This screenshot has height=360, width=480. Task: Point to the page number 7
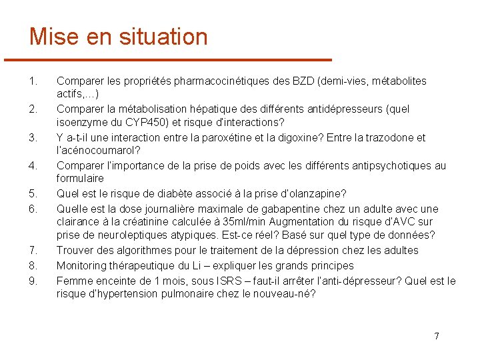coord(437,335)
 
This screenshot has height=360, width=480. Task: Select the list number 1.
coord(33,81)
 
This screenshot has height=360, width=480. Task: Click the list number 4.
coord(33,165)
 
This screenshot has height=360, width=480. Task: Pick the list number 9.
coord(33,281)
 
